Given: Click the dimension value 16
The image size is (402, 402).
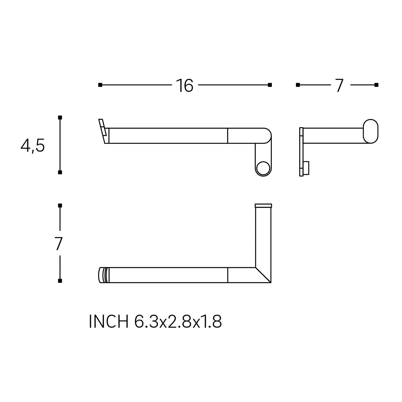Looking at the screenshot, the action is point(185,85).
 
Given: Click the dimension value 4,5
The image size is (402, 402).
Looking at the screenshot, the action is point(33,146).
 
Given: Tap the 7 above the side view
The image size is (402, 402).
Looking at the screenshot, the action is point(339,85).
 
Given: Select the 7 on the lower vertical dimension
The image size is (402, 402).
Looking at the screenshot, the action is point(59,244).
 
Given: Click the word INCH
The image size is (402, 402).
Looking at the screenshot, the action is point(109,321).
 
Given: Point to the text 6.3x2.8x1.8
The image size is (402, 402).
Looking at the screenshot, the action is point(178,321).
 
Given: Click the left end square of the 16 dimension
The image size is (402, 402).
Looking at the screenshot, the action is point(100,85).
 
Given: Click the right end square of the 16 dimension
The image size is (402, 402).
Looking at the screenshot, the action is point(270,85).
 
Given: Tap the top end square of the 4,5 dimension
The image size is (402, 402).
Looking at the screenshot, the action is point(60,117).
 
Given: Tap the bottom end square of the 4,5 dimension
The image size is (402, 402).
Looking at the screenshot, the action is point(60,172).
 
